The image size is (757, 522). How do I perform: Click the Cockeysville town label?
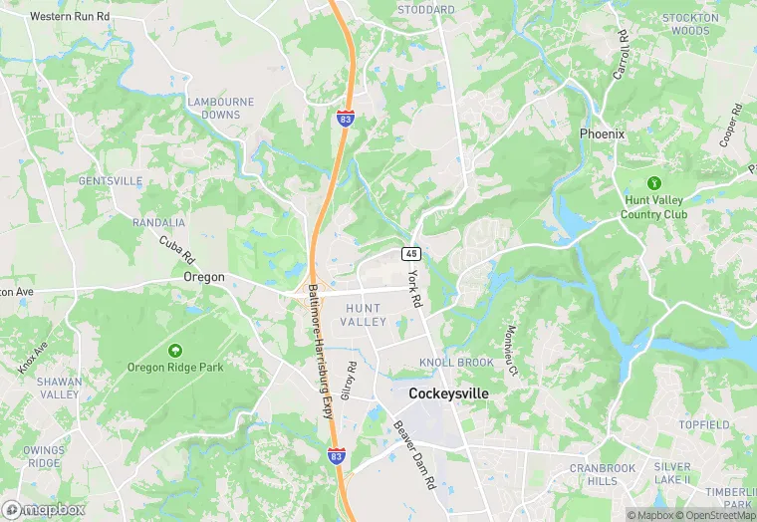448,393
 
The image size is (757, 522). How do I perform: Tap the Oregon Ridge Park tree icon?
175,351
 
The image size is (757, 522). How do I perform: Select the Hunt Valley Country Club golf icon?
654,183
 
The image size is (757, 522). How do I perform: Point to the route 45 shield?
410,253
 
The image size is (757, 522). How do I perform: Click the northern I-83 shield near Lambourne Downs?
345,119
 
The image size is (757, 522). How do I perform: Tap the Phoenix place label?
602,133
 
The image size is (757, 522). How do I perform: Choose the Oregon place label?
203,277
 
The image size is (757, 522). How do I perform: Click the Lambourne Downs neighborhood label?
220,109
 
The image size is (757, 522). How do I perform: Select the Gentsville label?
110,181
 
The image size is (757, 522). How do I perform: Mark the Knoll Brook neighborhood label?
456,363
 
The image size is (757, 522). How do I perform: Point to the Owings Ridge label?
45,456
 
